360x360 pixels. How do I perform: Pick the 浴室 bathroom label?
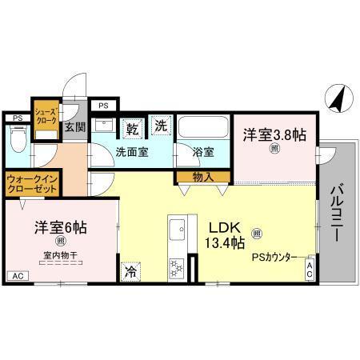click(203, 151)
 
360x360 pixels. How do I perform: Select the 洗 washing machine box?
click(162, 126)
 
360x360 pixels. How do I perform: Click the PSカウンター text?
click(275, 258)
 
